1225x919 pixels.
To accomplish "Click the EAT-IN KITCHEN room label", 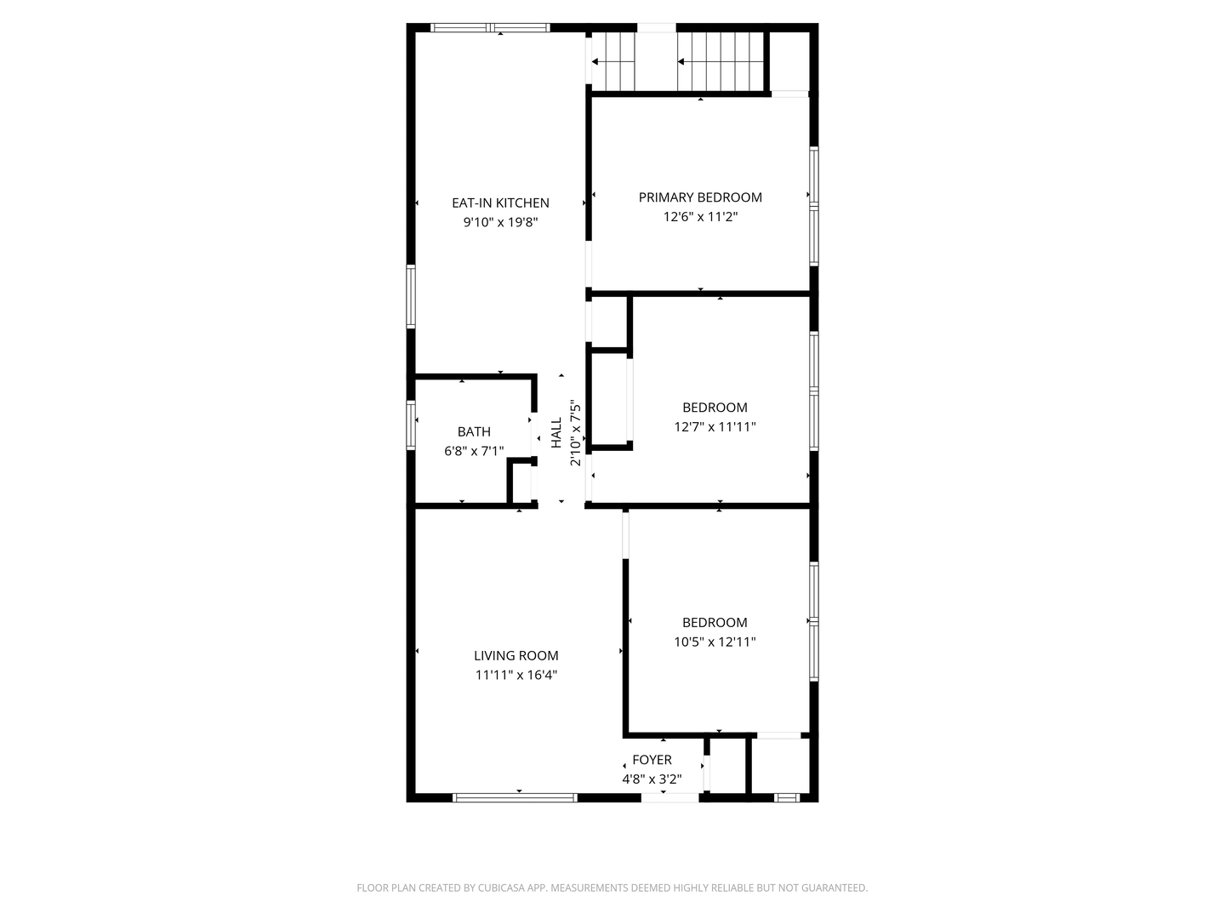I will tap(500, 203).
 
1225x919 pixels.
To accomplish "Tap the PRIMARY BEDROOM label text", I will tap(700, 197).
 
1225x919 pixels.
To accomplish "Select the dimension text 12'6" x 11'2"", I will tap(700, 217).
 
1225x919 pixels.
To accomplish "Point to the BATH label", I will tap(474, 431).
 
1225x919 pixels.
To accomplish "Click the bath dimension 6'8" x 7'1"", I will tap(474, 451).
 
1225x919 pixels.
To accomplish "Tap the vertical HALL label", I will tap(556, 432).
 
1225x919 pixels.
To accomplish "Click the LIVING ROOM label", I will tap(516, 655).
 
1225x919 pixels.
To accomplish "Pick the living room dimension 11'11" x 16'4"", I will tap(516, 675).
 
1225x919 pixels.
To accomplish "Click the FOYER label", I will tap(652, 760).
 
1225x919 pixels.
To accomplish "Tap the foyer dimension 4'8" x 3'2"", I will tap(652, 779).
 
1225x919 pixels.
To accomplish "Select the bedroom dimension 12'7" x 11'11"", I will tap(715, 427).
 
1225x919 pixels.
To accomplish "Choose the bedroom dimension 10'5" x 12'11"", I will tap(715, 642).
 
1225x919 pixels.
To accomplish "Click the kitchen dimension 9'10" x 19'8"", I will tap(500, 222).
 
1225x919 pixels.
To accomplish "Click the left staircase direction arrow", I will tap(595, 61).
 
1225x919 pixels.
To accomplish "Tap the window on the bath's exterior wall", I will tap(411, 425).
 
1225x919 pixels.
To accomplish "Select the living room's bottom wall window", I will tap(515, 797).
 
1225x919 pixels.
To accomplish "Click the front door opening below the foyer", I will tap(670, 797).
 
